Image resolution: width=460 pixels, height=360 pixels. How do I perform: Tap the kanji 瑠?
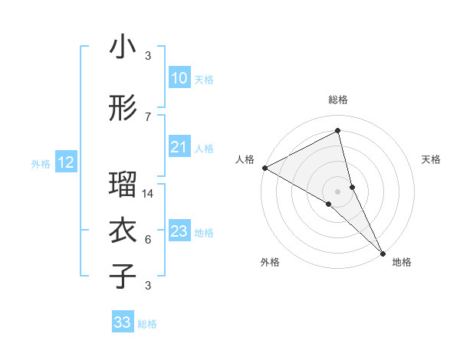123,185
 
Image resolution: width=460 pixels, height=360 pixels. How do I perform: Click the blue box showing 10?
179,78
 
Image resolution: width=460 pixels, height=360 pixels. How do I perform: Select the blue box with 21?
179,147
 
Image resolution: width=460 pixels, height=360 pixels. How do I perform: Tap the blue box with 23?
179,231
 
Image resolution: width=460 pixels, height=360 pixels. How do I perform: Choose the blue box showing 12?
65,162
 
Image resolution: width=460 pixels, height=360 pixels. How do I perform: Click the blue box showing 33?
122,322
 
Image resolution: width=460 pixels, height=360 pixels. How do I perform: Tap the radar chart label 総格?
338,100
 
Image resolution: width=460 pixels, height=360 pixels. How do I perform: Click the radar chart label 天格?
431,159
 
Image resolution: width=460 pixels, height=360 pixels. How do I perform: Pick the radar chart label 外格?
270,262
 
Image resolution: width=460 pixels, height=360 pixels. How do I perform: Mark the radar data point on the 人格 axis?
264,167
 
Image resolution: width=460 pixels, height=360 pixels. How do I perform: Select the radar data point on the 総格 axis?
338,130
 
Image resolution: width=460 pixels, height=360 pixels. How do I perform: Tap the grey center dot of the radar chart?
338,191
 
